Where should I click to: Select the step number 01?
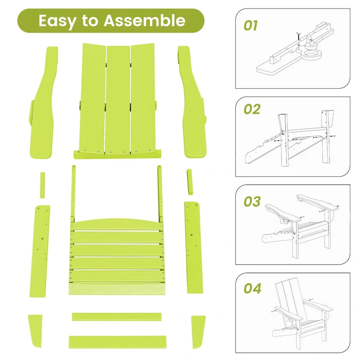[x=251, y=26]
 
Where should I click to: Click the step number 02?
[x=252, y=109]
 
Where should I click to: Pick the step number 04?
[x=252, y=288]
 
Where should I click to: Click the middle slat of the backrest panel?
[x=118, y=99]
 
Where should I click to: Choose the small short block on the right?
[x=189, y=182]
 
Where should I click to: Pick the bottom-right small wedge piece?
[x=198, y=332]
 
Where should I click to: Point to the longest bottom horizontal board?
[x=117, y=341]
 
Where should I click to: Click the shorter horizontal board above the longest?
[x=117, y=317]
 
